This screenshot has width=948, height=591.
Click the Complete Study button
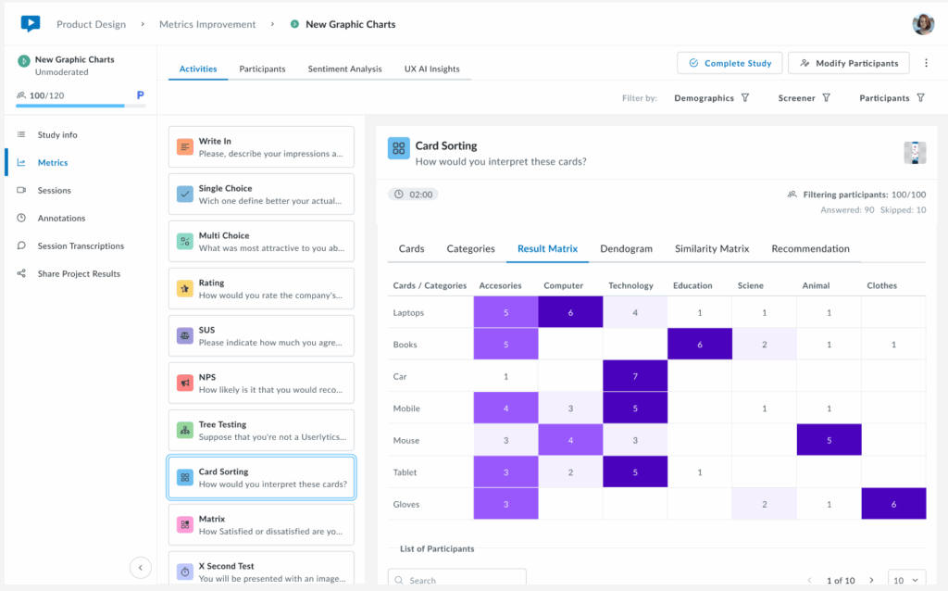pos(730,63)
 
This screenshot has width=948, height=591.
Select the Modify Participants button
pos(848,63)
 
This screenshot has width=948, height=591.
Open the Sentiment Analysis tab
pos(344,69)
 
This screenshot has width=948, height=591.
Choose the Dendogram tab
pos(626,248)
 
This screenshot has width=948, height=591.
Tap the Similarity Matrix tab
pos(712,248)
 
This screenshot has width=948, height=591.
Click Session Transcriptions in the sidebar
pos(81,245)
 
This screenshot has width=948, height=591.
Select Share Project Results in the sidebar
pos(79,273)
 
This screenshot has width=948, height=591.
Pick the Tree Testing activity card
pos(261,430)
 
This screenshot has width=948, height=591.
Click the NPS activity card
pos(261,383)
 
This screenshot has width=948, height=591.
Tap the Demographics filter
pos(711,98)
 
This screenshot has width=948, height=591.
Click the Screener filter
pos(804,98)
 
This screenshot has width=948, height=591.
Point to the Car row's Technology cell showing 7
pos(635,376)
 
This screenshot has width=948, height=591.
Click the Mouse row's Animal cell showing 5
pos(829,440)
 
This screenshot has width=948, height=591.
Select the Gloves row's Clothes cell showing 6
pos(893,504)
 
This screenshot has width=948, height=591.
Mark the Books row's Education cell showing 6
pos(699,345)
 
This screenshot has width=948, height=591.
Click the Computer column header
pos(563,285)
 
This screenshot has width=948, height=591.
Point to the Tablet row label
pos(405,472)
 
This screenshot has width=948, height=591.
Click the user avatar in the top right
pos(923,24)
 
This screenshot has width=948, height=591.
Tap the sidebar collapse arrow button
pos(141,568)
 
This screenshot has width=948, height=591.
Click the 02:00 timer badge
pos(414,195)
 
